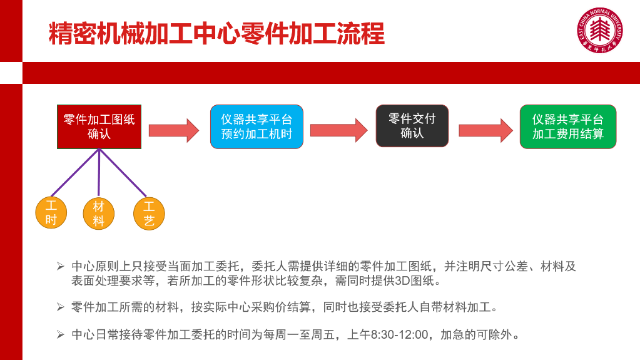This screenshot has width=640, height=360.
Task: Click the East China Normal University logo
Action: click(x=599, y=30)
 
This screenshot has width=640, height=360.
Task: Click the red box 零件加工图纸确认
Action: click(x=99, y=126)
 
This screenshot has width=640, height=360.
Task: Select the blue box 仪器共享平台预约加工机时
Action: click(x=257, y=126)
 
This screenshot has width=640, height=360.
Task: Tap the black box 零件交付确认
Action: click(x=412, y=126)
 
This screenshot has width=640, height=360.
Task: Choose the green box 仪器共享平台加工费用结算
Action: click(x=568, y=126)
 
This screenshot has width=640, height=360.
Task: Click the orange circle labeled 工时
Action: click(x=51, y=213)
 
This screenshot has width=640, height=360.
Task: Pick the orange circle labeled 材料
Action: click(x=98, y=213)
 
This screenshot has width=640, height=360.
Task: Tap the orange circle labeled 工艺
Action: click(x=149, y=213)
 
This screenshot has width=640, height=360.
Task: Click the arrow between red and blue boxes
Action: click(x=174, y=131)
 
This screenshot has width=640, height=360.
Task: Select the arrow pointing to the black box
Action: click(x=339, y=130)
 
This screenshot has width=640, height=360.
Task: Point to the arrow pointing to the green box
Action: click(x=485, y=131)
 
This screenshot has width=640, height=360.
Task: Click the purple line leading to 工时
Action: click(x=75, y=173)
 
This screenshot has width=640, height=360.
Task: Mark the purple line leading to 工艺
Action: click(x=123, y=173)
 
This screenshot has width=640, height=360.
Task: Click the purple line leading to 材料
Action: click(x=99, y=173)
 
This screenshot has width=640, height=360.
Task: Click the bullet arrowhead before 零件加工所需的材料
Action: click(x=61, y=307)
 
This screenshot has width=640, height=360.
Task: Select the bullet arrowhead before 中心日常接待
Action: click(x=61, y=335)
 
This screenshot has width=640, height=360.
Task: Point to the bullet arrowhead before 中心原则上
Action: click(x=61, y=267)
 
